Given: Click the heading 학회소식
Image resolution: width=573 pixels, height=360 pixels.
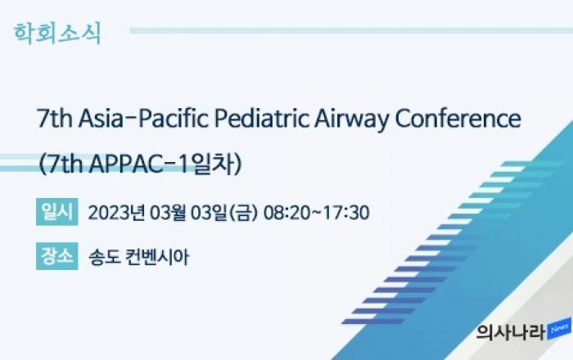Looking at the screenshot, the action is [x=57, y=34].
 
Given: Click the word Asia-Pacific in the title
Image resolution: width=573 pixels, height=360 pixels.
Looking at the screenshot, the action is [x=143, y=119].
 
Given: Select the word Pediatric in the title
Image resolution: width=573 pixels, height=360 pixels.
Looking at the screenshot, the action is [x=262, y=119].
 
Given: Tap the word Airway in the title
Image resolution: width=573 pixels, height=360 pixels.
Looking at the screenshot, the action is [x=351, y=119].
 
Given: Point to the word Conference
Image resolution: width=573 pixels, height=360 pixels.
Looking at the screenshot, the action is [x=458, y=119].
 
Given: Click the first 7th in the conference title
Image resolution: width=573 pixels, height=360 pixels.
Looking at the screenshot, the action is [x=55, y=119].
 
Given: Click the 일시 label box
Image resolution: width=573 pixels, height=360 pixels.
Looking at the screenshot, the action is [x=57, y=212].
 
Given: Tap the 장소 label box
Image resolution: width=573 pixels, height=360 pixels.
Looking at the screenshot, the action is [x=57, y=255].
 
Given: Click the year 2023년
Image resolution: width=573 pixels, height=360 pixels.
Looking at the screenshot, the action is [x=116, y=213].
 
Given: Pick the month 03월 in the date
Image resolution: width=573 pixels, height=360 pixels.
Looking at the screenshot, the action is [x=169, y=213].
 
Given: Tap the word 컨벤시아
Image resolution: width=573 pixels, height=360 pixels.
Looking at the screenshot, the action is [x=157, y=257].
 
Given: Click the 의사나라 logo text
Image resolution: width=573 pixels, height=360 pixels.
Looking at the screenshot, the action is [x=511, y=332].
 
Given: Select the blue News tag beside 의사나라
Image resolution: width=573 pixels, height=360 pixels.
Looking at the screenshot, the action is [x=559, y=329].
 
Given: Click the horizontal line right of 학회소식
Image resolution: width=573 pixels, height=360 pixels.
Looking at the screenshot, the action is [x=351, y=30].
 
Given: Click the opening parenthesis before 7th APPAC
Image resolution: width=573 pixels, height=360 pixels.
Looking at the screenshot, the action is [x=41, y=164].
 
